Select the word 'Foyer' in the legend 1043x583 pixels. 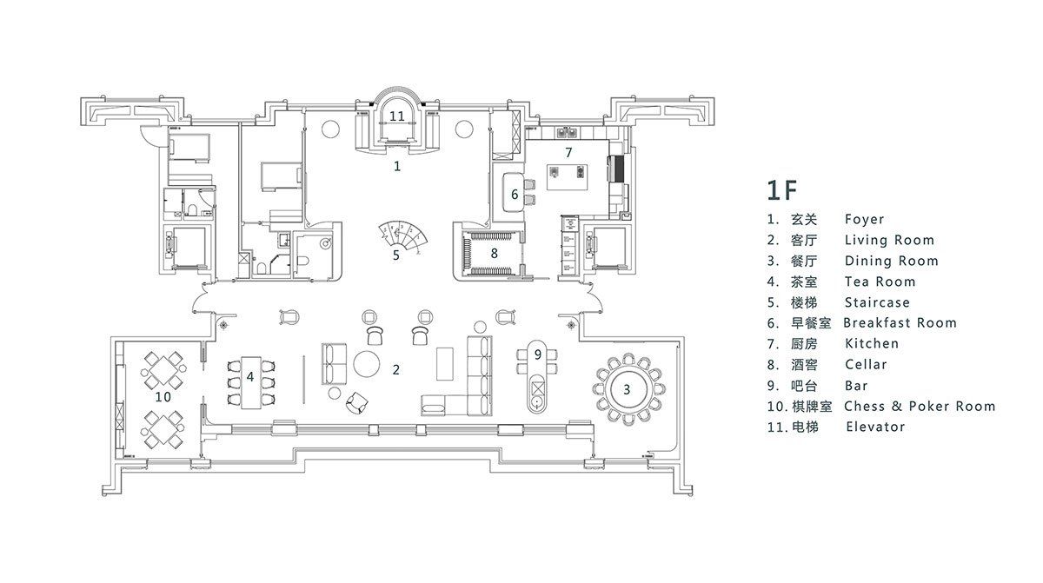pyautogui.click(x=864, y=220)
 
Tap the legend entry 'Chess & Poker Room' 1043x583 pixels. pyautogui.click(x=920, y=407)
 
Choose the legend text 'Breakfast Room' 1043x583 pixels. pyautogui.click(x=900, y=323)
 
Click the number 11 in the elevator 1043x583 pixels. pyautogui.click(x=397, y=116)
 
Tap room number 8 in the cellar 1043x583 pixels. pyautogui.click(x=494, y=254)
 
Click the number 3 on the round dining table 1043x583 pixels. pyautogui.click(x=626, y=388)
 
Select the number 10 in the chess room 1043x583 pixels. pyautogui.click(x=163, y=396)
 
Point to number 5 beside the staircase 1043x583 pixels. pyautogui.click(x=396, y=255)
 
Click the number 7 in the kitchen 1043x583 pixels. pyautogui.click(x=568, y=153)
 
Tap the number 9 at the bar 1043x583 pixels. pyautogui.click(x=538, y=354)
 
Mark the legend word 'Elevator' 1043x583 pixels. pyautogui.click(x=874, y=427)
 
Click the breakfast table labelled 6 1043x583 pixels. pyautogui.click(x=512, y=193)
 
